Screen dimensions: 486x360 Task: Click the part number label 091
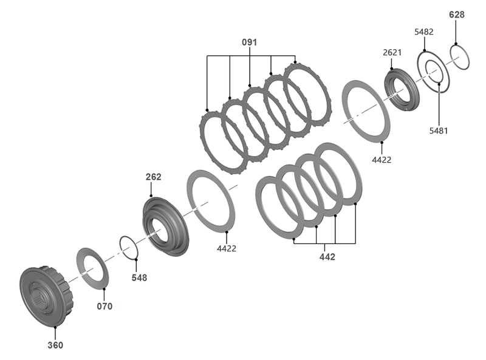(x=249, y=42)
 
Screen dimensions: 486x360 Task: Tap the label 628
(x=457, y=15)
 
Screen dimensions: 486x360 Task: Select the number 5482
(x=423, y=32)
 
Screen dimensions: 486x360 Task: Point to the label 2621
(x=392, y=52)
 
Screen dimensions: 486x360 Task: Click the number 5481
(x=439, y=131)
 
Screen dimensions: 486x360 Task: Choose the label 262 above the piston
(x=154, y=177)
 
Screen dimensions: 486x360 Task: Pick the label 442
(x=327, y=257)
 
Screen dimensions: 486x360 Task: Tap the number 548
(x=139, y=277)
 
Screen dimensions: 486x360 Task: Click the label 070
(x=104, y=307)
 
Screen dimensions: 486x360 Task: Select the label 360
(x=55, y=345)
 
